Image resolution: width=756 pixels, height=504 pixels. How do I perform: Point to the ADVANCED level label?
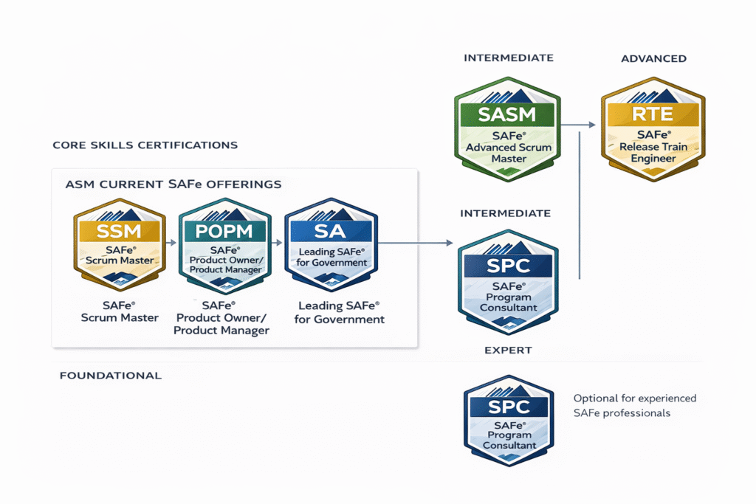point(653,58)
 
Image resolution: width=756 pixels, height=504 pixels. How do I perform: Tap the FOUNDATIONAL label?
point(110,376)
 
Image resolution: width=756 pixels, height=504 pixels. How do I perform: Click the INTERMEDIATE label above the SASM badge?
point(508,58)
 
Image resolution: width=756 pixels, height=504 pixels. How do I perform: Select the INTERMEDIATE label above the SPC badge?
point(505,213)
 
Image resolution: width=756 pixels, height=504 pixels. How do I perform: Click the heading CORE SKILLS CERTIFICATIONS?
point(145,145)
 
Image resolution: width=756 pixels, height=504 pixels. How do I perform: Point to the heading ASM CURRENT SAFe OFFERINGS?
point(173,182)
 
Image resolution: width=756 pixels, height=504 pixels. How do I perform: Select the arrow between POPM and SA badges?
point(277,241)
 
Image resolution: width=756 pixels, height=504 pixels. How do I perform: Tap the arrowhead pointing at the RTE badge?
point(592,125)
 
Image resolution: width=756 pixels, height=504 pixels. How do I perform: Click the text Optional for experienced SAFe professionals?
point(634,405)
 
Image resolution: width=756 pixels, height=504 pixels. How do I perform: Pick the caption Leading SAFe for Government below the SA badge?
point(340,312)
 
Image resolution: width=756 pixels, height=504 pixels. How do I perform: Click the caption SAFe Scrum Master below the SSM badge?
point(120,311)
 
